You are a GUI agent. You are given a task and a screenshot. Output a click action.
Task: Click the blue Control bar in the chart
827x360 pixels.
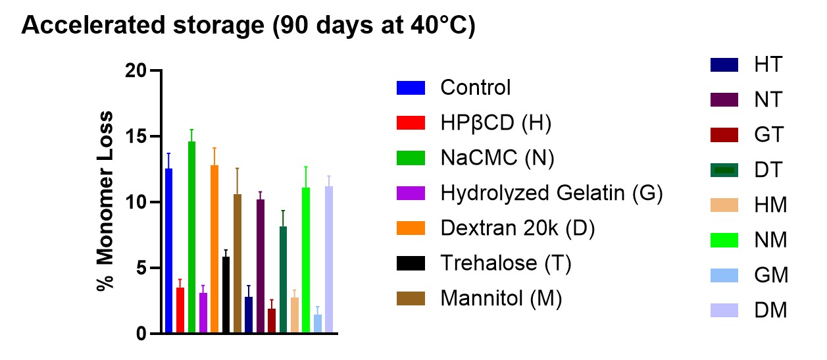click(x=169, y=251)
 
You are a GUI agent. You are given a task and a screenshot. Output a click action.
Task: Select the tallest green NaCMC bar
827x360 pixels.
click(x=191, y=238)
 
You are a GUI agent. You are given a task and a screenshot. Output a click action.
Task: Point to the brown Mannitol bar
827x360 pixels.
click(x=238, y=264)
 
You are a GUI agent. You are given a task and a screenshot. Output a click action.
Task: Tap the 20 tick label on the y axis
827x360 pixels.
click(x=136, y=70)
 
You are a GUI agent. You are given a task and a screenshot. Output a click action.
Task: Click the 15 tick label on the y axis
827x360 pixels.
click(x=136, y=136)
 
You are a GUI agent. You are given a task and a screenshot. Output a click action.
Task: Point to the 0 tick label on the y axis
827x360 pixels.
click(x=140, y=334)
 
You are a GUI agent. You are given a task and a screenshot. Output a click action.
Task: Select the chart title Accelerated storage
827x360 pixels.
click(x=248, y=27)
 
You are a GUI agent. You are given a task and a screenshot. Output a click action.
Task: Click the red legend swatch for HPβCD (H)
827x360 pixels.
click(x=411, y=122)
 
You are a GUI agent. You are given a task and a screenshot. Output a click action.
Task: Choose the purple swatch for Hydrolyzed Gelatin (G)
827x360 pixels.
click(x=411, y=193)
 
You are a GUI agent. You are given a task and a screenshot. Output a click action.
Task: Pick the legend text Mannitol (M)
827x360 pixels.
click(x=501, y=298)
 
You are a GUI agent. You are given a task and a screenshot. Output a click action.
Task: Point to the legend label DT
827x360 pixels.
click(x=769, y=170)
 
